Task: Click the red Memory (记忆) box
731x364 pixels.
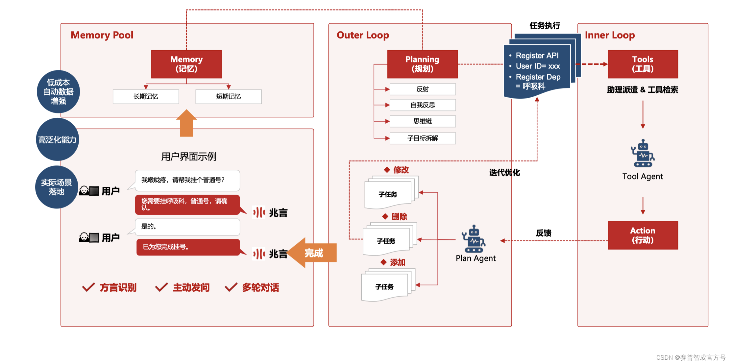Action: (x=186, y=64)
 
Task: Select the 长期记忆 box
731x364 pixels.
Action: (x=146, y=97)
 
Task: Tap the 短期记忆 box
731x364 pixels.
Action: (x=229, y=97)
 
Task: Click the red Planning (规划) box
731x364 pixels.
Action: (x=423, y=64)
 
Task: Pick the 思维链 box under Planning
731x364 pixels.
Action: (x=423, y=121)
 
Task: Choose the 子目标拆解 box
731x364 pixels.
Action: (x=423, y=138)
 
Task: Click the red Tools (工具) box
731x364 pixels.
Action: (x=643, y=64)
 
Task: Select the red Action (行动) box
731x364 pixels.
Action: (x=643, y=235)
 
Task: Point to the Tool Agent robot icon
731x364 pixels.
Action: (x=643, y=154)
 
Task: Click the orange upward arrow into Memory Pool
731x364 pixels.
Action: (x=186, y=123)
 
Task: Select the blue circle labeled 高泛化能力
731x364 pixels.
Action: (x=58, y=140)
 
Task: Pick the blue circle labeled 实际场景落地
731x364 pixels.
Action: (x=57, y=187)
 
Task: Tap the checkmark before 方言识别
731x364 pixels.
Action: (x=88, y=287)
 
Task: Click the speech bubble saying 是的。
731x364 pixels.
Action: (x=187, y=227)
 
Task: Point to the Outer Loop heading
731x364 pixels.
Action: (x=363, y=35)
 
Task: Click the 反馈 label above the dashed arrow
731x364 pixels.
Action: (x=544, y=233)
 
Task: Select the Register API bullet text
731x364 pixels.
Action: (x=537, y=56)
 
